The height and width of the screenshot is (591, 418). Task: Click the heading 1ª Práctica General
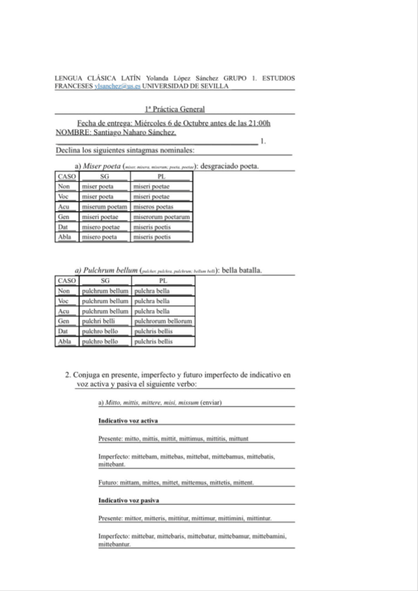[x=174, y=109]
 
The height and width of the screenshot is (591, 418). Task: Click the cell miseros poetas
[x=153, y=206]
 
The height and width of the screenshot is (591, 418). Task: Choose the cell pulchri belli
[x=96, y=321]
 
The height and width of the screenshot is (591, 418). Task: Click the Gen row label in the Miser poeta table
[x=65, y=217]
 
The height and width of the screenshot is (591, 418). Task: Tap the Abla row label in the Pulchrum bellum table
[x=65, y=341]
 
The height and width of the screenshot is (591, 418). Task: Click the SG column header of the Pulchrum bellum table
[x=105, y=280]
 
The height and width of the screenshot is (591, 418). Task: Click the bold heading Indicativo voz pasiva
[x=128, y=500]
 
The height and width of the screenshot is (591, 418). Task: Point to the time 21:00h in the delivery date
[x=256, y=123]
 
